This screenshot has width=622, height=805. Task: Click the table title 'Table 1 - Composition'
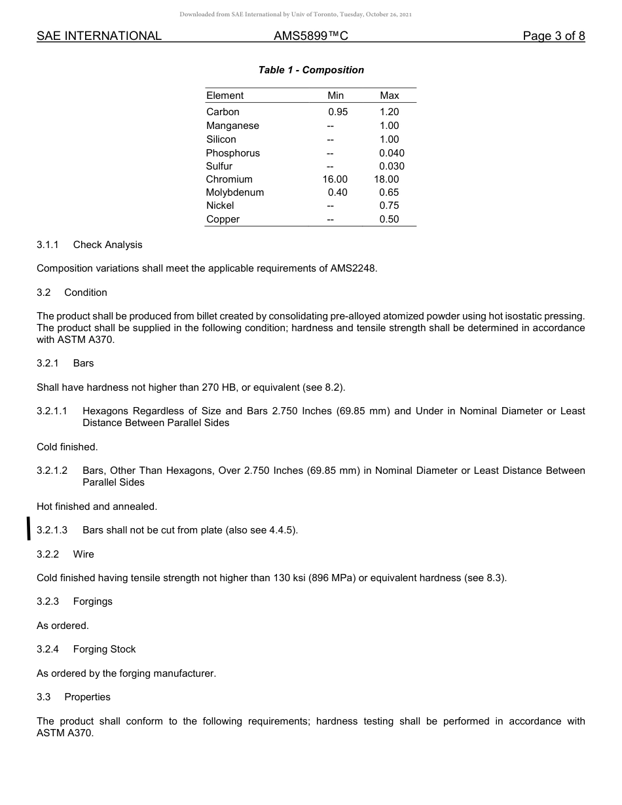coord(311,70)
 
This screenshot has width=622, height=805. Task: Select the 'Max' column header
coord(389,96)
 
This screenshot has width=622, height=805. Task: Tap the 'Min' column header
coord(335,96)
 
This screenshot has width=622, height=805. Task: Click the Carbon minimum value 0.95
coord(338,112)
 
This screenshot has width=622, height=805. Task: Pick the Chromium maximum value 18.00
coord(386,179)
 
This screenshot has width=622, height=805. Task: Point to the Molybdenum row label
coord(235,192)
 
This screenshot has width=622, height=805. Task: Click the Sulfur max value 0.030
coord(392,166)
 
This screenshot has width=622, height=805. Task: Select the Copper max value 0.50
coord(389,219)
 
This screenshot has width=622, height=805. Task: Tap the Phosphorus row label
coord(232,153)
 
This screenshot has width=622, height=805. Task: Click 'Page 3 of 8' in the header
coord(553,36)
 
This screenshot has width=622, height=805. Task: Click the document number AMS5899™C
coord(311,36)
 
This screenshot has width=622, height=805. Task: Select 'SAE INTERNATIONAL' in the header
coord(99,36)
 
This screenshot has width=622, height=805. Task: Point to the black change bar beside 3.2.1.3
coord(28,528)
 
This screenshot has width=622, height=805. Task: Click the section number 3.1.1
coord(48,245)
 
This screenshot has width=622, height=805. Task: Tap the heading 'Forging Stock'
coord(104,649)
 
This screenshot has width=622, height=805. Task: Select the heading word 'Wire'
coord(83,554)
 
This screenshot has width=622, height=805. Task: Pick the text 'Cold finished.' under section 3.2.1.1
coord(67,447)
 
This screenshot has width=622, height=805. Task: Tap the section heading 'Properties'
coord(87,697)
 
